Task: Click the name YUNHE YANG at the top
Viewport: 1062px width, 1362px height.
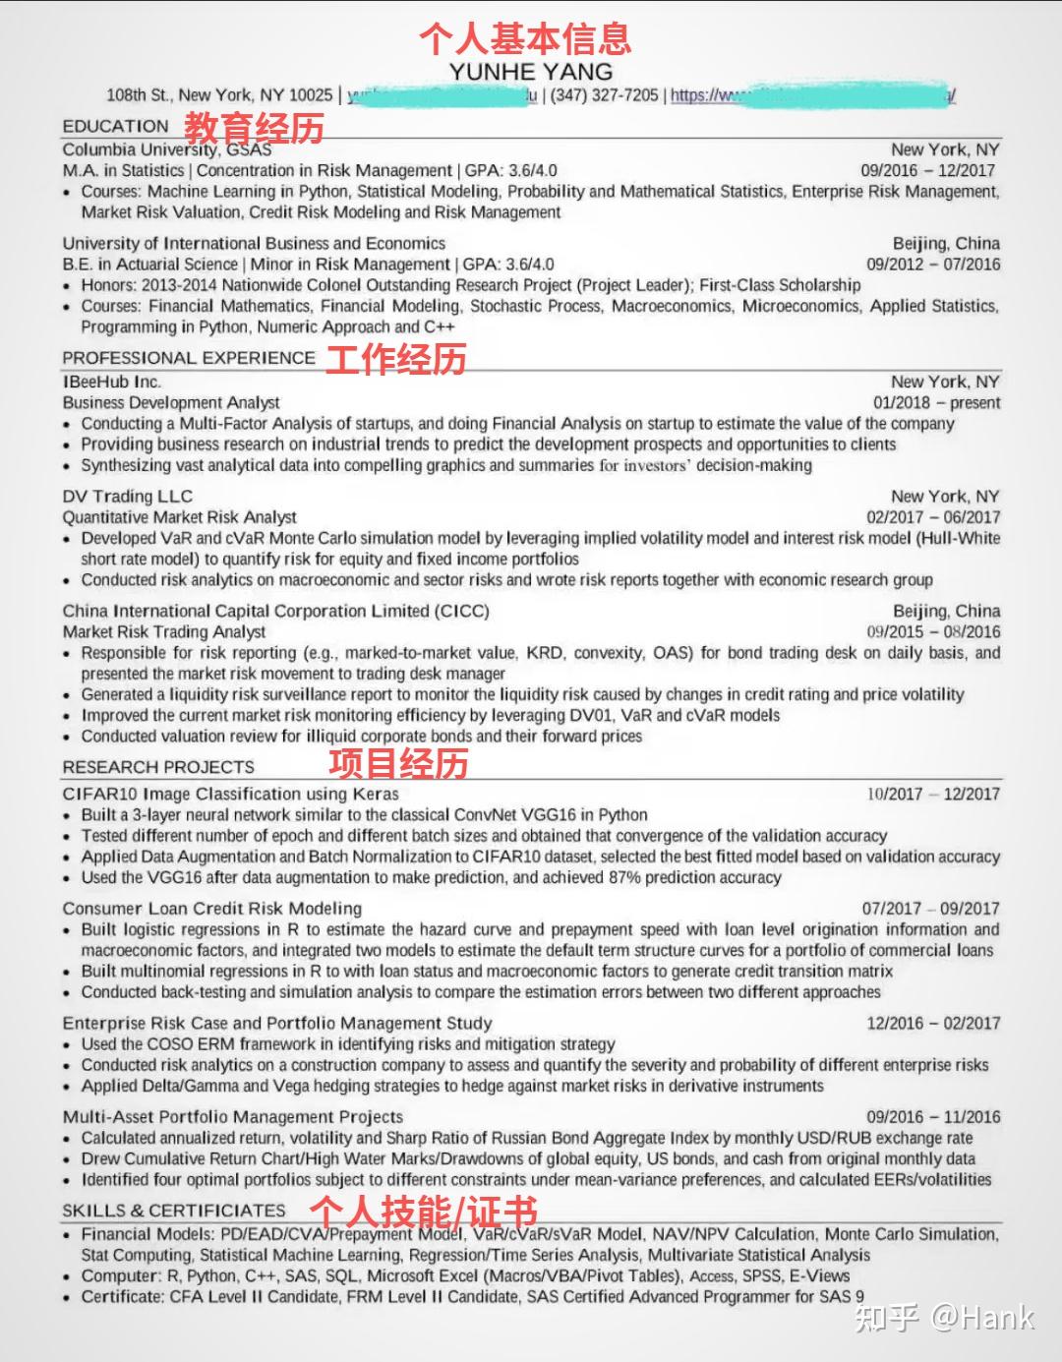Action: coord(531,71)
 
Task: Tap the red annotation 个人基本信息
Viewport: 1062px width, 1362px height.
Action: coord(525,38)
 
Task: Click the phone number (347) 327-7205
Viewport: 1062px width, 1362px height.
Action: coord(604,95)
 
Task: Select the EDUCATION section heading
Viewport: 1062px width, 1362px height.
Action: coord(116,126)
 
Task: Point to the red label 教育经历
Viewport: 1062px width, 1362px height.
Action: coord(254,127)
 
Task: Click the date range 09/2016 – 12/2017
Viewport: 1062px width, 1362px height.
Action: coord(927,170)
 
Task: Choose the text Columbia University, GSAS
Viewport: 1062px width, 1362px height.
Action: coord(167,149)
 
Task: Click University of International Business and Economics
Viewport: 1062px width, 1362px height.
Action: coord(254,243)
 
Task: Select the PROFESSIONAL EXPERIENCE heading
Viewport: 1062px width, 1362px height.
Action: coord(189,358)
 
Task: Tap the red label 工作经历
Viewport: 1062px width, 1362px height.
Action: coord(395,359)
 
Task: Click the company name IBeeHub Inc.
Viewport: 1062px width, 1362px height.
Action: coord(112,382)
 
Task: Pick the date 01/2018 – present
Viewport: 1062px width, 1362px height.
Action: coord(936,402)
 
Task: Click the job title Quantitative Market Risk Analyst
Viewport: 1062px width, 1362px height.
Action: coord(180,517)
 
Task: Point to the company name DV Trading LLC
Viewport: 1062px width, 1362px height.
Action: coord(128,497)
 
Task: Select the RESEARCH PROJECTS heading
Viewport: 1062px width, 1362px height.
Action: coord(158,767)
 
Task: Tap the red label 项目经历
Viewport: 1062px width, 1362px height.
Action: coord(398,763)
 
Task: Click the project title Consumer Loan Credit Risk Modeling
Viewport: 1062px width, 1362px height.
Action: coord(212,909)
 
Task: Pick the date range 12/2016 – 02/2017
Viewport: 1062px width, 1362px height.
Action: coord(932,1024)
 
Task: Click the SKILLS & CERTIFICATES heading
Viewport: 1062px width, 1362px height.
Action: coord(174,1211)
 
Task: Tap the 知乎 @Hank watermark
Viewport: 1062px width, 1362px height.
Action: coord(944,1318)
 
